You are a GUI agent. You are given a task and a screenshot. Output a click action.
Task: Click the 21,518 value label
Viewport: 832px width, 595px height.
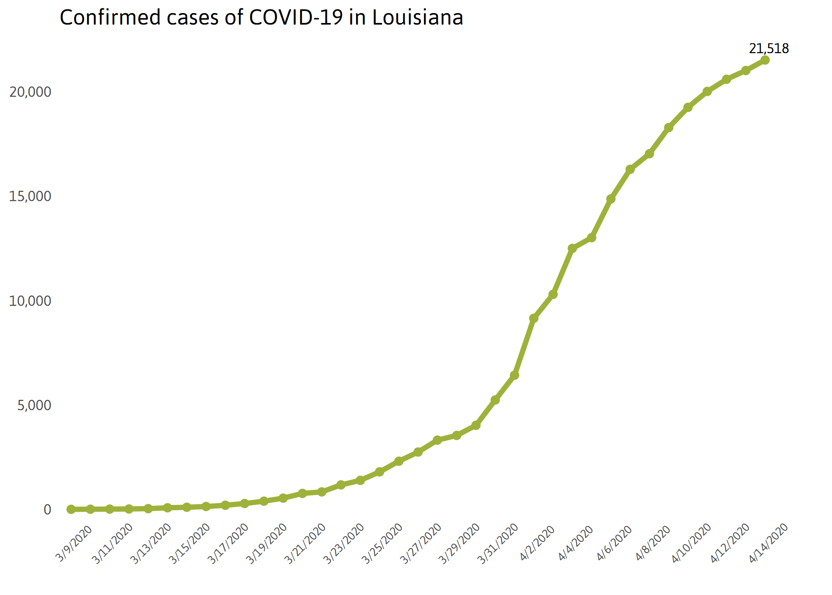click(769, 48)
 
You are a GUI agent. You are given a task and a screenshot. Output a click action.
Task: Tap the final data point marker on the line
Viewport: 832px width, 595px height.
click(765, 60)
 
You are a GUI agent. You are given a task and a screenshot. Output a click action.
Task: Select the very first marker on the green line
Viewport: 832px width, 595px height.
click(71, 509)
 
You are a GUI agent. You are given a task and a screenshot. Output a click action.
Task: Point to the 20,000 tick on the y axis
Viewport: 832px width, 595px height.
click(30, 92)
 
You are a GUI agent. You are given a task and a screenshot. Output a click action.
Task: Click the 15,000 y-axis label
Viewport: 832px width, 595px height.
click(30, 196)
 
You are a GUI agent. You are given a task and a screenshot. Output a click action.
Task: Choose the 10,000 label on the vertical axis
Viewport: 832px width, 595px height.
click(30, 301)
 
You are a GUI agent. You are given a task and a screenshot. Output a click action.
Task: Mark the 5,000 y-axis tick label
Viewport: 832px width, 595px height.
click(34, 405)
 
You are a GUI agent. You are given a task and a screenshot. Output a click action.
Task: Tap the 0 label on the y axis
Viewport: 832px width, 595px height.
click(47, 510)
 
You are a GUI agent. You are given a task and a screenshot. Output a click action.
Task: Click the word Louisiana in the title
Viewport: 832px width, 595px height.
click(418, 17)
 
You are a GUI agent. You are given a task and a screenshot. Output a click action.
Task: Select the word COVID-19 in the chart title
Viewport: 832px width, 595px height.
click(296, 17)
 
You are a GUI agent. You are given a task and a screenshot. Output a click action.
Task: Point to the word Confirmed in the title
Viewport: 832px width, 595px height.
click(110, 17)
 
